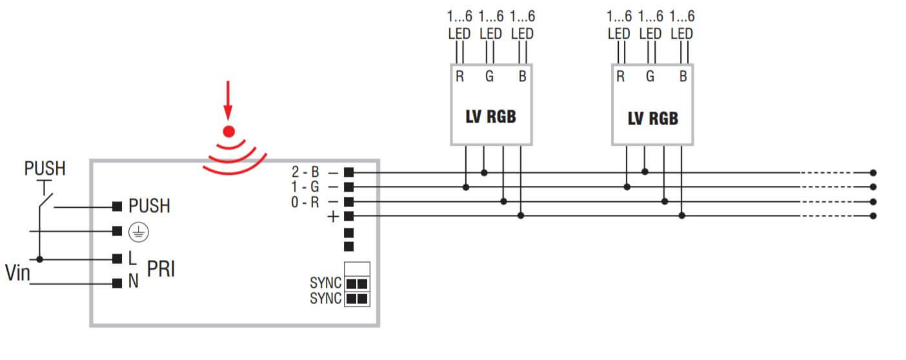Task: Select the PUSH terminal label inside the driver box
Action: [x=149, y=206]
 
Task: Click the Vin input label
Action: [x=17, y=274]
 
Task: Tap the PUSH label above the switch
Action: [x=45, y=170]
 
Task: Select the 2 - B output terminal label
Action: [x=306, y=173]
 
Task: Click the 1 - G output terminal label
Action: [x=306, y=187]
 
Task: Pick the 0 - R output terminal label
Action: [x=306, y=201]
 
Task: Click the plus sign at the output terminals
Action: [x=333, y=217]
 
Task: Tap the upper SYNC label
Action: [x=326, y=283]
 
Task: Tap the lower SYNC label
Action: [x=326, y=299]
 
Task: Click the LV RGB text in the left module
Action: [x=490, y=118]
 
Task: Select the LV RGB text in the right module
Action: [x=652, y=119]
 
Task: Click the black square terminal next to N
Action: [x=117, y=283]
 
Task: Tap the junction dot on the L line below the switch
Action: [x=39, y=259]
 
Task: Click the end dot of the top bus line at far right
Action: [x=873, y=173]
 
